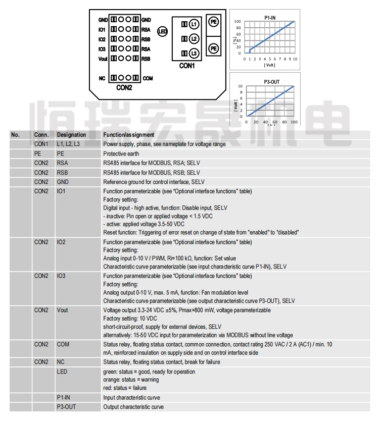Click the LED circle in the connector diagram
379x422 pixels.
point(162,31)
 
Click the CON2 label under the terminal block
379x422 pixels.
point(124,87)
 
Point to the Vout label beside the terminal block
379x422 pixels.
point(103,59)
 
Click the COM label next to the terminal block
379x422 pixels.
point(148,78)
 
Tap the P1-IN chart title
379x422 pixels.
point(270,18)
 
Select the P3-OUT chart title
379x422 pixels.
point(271,82)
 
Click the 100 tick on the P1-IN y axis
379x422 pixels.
point(238,22)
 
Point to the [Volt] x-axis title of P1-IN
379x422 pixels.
point(270,65)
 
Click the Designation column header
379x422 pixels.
point(71,135)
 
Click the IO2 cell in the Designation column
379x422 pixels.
point(61,242)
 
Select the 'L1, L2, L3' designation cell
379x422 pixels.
point(68,144)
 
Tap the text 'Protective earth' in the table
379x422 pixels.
point(121,153)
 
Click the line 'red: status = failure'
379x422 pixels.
point(125,388)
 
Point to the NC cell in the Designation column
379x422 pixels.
point(61,361)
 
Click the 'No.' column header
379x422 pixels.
point(15,135)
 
